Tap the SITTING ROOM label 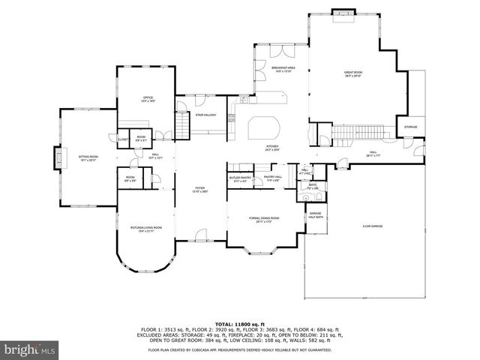click(x=88, y=158)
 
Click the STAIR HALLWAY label click(x=205, y=115)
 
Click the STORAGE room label click(x=410, y=127)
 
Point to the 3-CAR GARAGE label click(x=373, y=226)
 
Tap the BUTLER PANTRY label click(x=239, y=178)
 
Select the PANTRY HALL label click(x=272, y=178)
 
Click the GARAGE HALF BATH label click(x=316, y=215)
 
